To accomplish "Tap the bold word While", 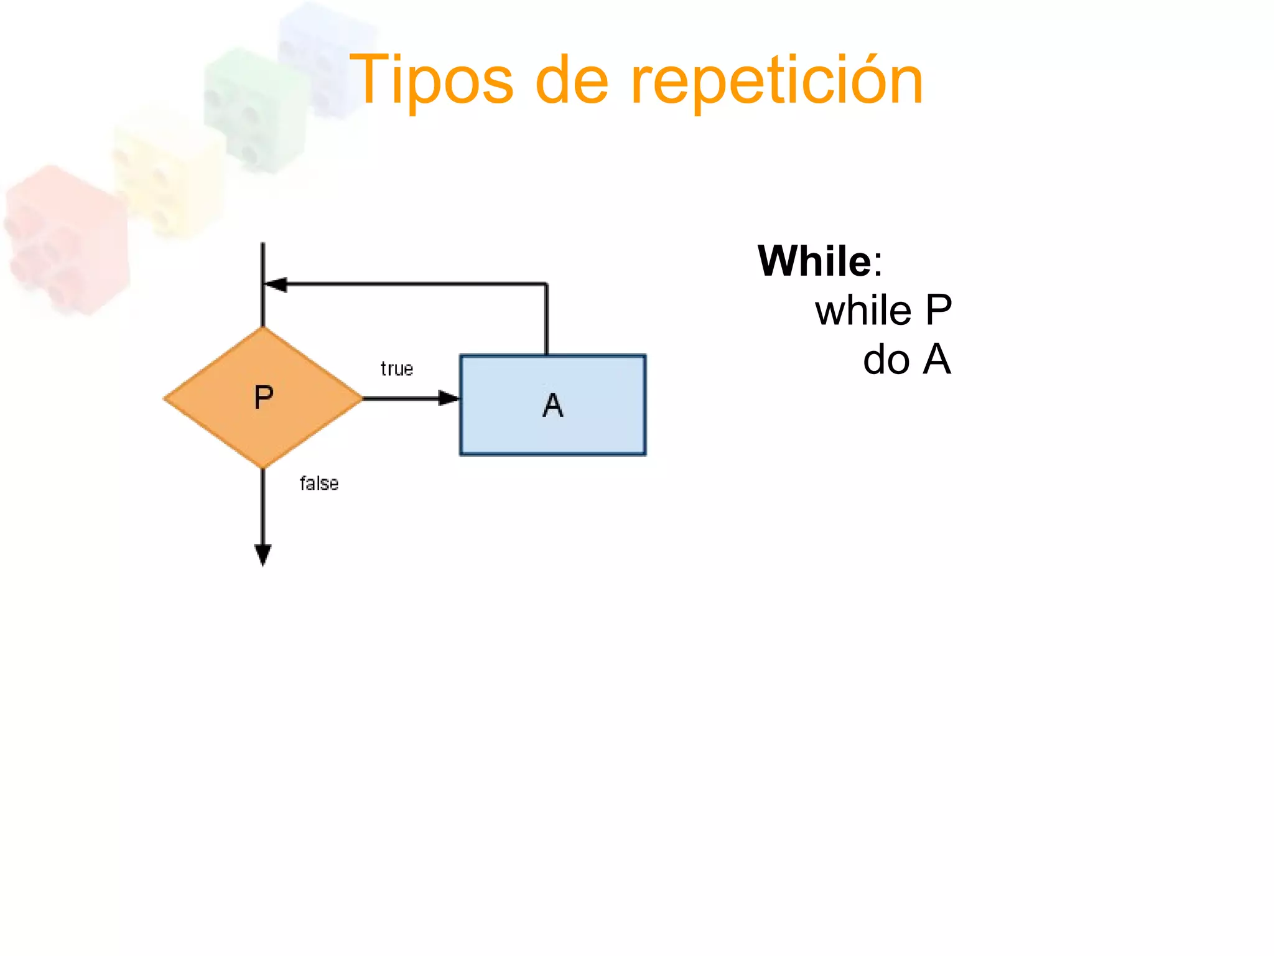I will pos(814,261).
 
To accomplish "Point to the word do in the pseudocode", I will pos(886,360).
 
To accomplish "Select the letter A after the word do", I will pos(937,360).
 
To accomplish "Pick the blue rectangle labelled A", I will pos(597,429).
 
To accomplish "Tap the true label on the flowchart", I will pos(397,369).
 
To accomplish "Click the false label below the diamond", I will pos(319,484).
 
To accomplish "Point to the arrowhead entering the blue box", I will pos(448,398).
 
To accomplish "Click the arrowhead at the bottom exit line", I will pos(263,554).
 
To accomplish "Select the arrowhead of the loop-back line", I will pos(276,284).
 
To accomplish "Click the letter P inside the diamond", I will pos(264,397).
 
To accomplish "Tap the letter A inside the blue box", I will pos(553,405).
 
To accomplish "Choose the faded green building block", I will pos(255,106).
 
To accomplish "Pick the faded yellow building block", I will pos(168,174).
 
